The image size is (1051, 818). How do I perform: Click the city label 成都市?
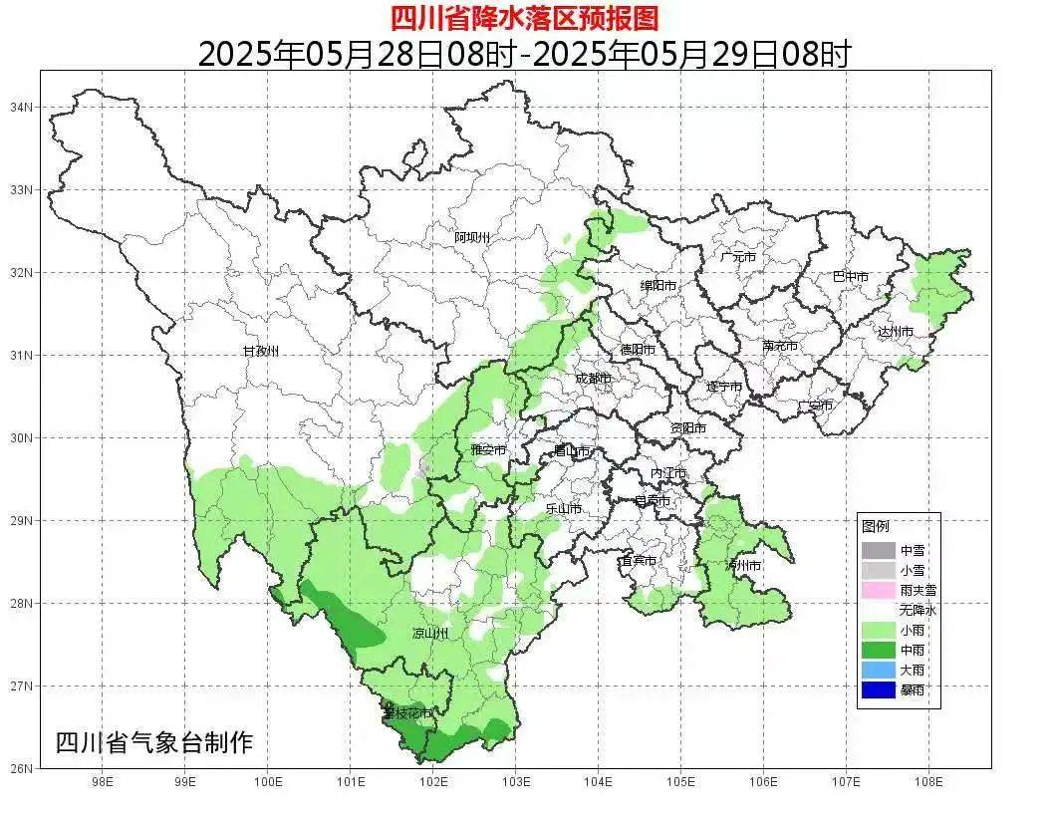coord(594,378)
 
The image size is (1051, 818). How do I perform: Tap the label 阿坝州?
coord(472,237)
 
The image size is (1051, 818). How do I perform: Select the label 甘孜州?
coord(261,352)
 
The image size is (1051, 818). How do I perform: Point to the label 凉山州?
coord(430,634)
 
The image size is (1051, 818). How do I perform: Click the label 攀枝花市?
coord(407,713)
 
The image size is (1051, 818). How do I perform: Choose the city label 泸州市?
coord(743,565)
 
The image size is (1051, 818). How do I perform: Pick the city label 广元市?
coord(738,257)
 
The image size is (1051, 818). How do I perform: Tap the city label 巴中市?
coord(850,277)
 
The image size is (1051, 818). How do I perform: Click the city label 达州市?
coord(896,332)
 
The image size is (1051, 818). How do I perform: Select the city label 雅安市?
coord(488,450)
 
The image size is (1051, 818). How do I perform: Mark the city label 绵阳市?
coord(658,286)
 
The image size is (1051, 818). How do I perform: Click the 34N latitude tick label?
coord(22,107)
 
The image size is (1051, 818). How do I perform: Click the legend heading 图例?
coord(876,526)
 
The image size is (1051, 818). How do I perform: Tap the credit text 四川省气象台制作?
coord(153,742)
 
